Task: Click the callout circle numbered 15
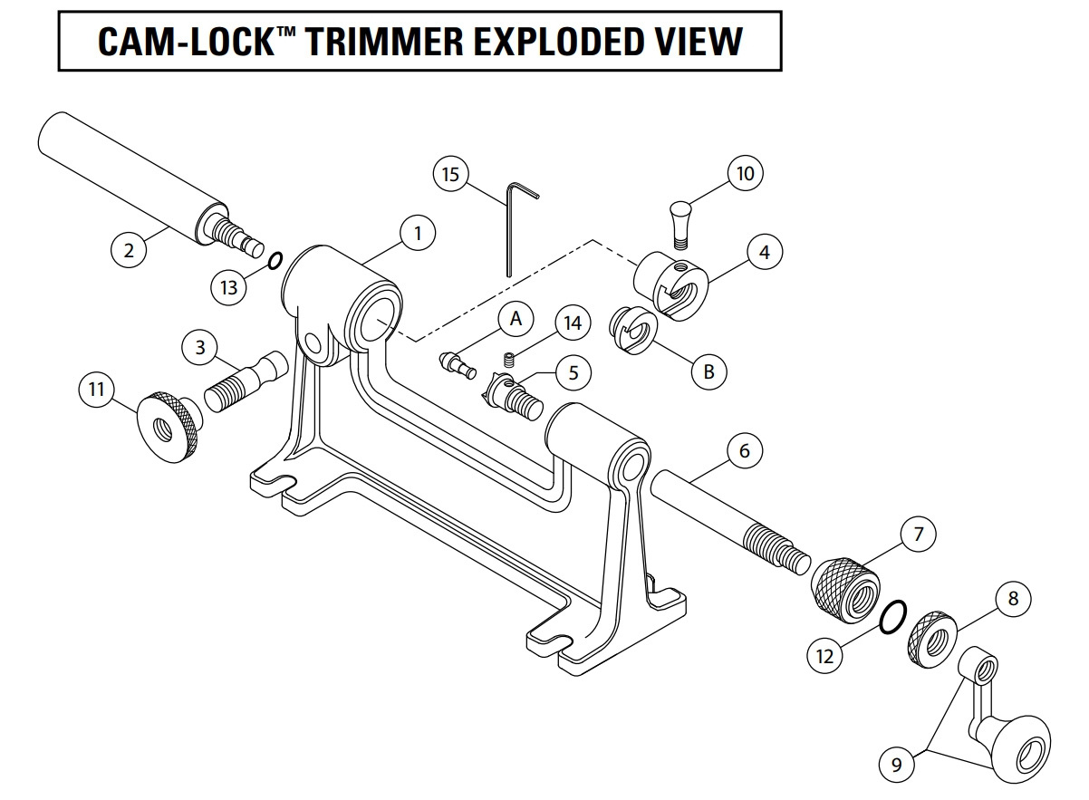click(450, 173)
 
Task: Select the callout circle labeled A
click(516, 319)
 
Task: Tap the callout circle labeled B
click(708, 371)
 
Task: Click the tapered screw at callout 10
click(679, 223)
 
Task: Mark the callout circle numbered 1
click(418, 233)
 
